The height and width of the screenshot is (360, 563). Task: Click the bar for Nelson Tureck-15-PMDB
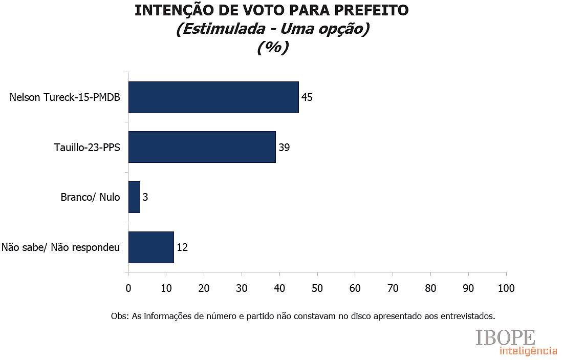213,97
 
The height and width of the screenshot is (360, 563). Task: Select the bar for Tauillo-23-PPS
202,147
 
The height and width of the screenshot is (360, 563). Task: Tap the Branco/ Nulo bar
134,197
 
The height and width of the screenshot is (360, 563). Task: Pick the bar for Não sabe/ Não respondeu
151,247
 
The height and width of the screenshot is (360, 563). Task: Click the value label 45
307,97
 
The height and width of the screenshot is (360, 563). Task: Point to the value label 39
284,147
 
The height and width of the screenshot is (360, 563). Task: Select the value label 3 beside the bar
145,197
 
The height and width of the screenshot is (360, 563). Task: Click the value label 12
182,247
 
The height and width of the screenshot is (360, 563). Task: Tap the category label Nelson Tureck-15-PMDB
64,97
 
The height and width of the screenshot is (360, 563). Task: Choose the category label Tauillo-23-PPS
87,147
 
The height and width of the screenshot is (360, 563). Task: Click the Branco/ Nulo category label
90,197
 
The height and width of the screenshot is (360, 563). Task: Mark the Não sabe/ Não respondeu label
60,247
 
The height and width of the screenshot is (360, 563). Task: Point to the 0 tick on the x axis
128,288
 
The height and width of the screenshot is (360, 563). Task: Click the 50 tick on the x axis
317,288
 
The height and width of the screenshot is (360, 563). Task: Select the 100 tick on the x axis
506,288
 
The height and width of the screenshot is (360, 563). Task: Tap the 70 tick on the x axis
393,288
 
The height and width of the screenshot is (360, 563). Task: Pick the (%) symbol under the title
273,47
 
